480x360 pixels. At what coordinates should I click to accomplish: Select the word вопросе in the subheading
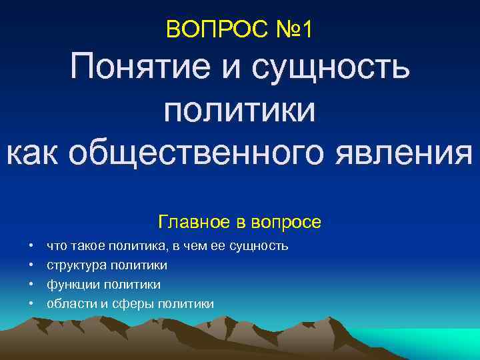pyautogui.click(x=289, y=221)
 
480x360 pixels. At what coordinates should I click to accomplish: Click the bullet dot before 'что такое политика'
pyautogui.click(x=31, y=247)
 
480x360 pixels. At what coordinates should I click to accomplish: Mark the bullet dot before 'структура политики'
pyautogui.click(x=31, y=266)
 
